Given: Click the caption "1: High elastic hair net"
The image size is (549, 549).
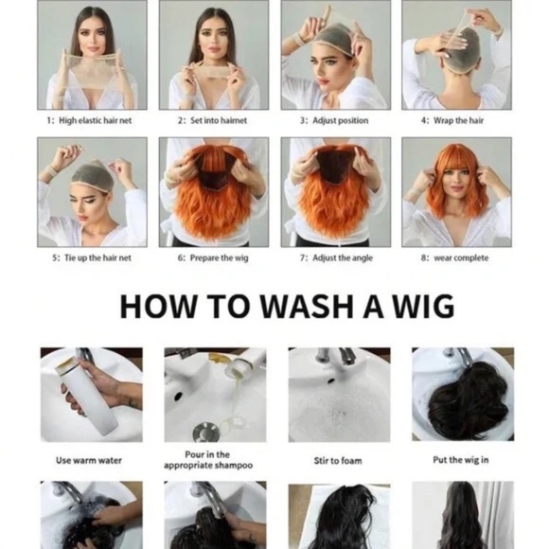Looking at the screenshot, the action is pyautogui.click(x=89, y=120).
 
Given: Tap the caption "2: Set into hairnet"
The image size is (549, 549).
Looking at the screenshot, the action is pyautogui.click(x=212, y=120).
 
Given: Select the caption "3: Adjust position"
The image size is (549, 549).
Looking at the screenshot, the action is pyautogui.click(x=334, y=120).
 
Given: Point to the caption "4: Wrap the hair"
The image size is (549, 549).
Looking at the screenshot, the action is pyautogui.click(x=452, y=120).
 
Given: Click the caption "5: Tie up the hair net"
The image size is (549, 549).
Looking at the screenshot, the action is pyautogui.click(x=92, y=258).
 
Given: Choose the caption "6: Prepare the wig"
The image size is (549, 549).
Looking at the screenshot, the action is pyautogui.click(x=213, y=258).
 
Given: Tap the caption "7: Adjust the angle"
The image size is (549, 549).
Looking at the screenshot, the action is pyautogui.click(x=336, y=258).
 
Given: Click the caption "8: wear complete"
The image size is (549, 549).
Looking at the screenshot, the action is pyautogui.click(x=454, y=258).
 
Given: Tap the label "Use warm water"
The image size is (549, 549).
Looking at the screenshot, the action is pyautogui.click(x=89, y=460).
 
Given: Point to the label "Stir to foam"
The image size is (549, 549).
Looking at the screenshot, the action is pyautogui.click(x=338, y=460).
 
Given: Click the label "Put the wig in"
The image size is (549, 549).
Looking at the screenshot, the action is pyautogui.click(x=461, y=460).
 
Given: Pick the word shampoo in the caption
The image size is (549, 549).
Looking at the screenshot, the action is pyautogui.click(x=234, y=466).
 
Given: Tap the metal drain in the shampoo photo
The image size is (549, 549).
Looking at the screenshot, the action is pyautogui.click(x=206, y=431).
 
